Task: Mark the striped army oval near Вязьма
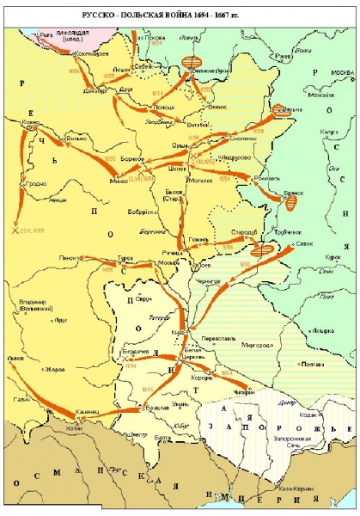coord(279,110)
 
